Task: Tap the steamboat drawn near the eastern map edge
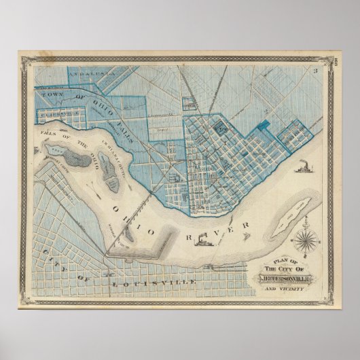coord(304,166)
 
